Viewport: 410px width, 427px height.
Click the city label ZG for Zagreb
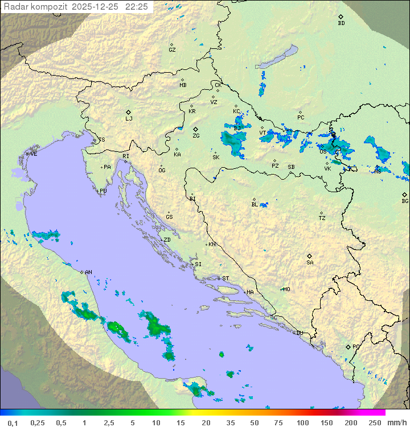click(196, 136)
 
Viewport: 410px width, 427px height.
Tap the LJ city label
click(129, 119)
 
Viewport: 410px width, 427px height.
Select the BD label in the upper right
click(341, 23)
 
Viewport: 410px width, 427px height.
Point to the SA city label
click(310, 263)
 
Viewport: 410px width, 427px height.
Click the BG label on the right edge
click(405, 201)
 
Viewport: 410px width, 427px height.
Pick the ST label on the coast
click(225, 279)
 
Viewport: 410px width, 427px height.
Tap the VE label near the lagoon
click(34, 154)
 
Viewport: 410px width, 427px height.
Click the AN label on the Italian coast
click(88, 272)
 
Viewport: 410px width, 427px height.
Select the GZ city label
click(172, 50)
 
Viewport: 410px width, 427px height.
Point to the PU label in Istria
click(103, 191)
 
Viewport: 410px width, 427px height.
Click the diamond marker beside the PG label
click(348, 346)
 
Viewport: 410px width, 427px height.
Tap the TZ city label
click(322, 218)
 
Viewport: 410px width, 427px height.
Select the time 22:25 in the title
click(137, 7)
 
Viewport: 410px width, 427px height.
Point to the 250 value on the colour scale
click(375, 422)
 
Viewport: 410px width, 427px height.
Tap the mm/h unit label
click(397, 422)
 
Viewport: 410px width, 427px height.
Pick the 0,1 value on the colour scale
click(13, 422)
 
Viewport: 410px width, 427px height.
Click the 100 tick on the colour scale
click(302, 422)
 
